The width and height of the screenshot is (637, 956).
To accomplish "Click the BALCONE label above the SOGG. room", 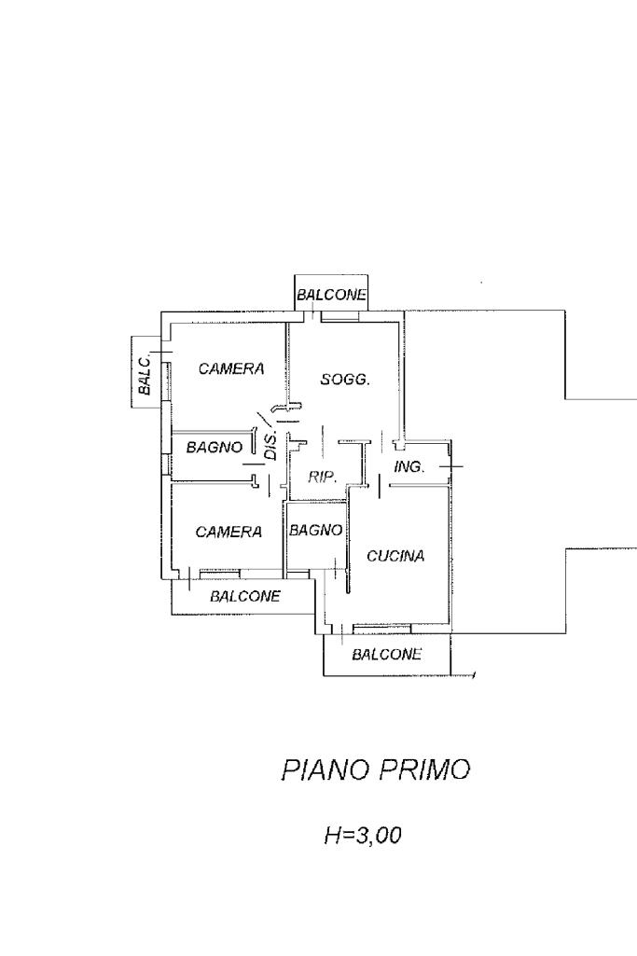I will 332,296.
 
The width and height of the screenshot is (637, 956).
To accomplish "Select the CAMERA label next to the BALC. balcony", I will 231,369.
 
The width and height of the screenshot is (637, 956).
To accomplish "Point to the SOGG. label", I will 346,380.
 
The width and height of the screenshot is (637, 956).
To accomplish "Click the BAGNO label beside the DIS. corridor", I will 215,447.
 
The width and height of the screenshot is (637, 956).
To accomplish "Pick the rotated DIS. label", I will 271,447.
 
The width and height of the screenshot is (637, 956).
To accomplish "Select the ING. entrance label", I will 409,466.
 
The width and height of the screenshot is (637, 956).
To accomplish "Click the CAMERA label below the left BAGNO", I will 228,532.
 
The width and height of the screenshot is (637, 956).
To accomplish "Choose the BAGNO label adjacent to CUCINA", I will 316,530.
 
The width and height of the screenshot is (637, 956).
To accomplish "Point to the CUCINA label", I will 395,556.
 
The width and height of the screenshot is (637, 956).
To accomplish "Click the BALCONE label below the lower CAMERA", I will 245,596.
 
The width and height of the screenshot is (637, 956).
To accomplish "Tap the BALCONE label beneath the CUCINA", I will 386,654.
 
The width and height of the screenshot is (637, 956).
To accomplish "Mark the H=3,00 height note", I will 362,836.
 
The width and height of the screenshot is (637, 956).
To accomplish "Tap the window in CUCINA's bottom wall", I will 381,626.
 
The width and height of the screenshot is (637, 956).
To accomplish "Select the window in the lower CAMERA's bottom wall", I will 220,571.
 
